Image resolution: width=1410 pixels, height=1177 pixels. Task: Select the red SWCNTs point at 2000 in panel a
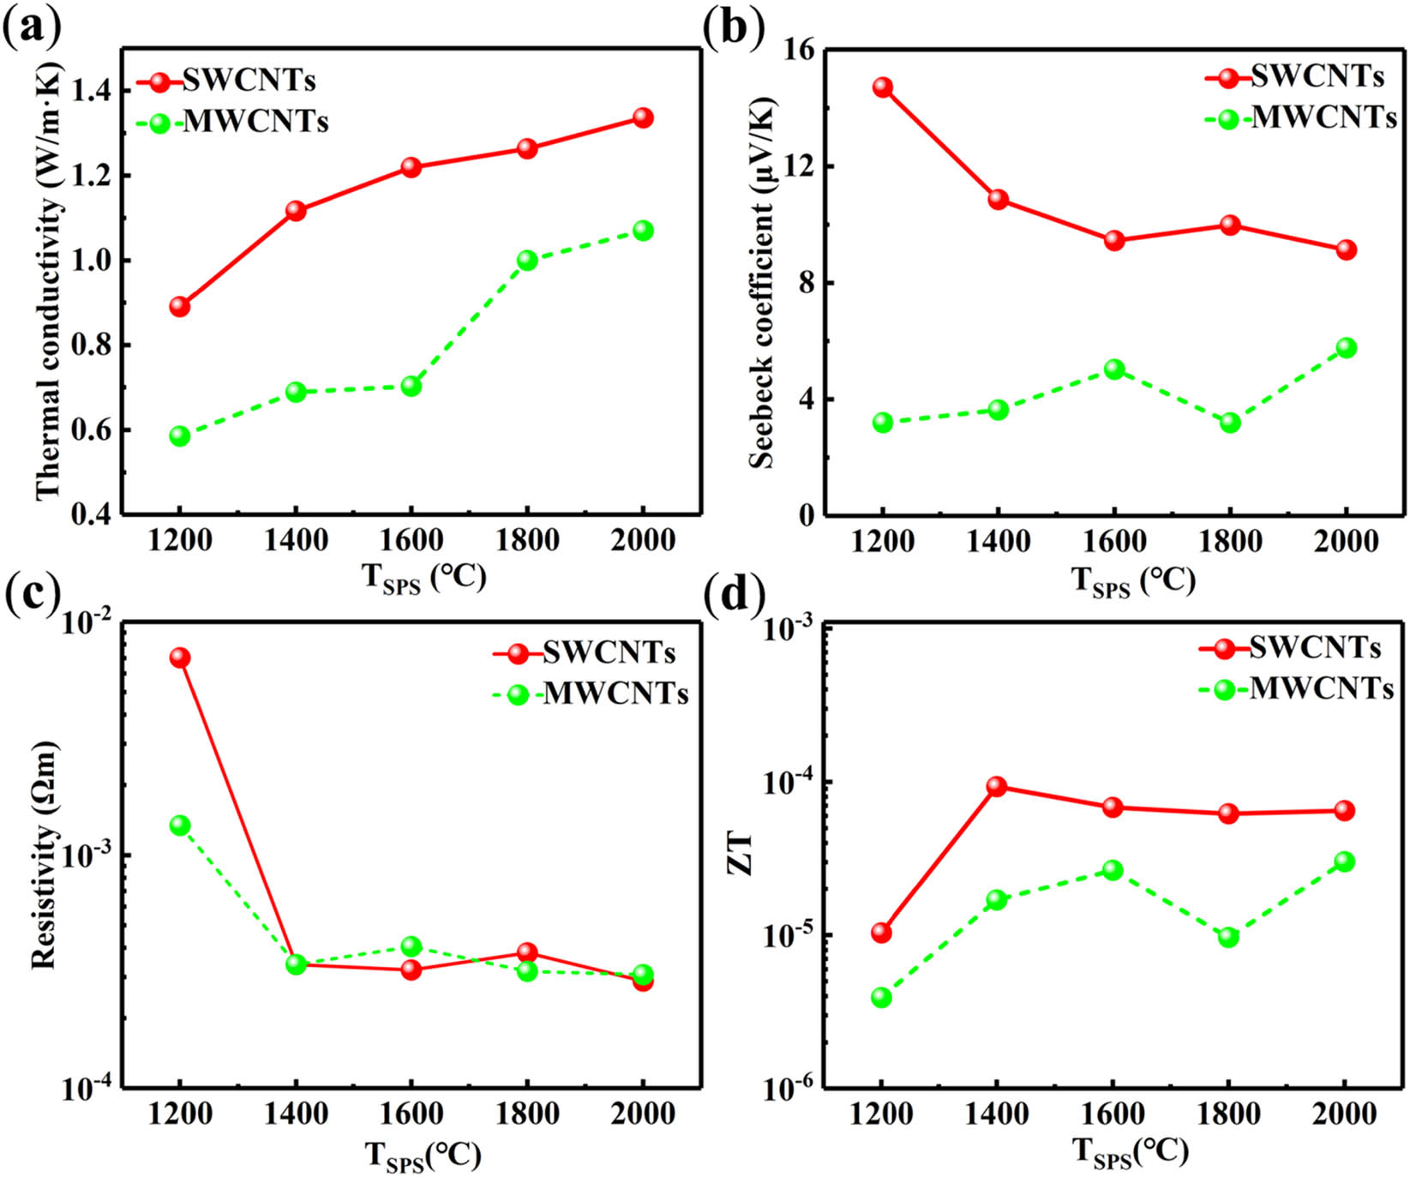click(x=643, y=117)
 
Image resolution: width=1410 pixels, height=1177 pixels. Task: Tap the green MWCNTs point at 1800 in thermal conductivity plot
click(x=527, y=260)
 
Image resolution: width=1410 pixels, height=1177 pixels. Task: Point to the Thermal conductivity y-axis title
click(x=50, y=283)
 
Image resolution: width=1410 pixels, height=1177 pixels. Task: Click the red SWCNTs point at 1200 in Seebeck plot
click(x=883, y=87)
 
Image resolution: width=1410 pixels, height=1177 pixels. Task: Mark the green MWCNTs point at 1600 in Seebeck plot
click(x=1114, y=369)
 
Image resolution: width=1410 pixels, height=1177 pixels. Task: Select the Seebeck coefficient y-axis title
click(x=761, y=283)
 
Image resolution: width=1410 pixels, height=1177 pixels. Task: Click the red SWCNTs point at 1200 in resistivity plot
click(x=180, y=658)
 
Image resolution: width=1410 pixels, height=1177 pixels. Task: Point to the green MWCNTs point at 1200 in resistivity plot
click(x=180, y=826)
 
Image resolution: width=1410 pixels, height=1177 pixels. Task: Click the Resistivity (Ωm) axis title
click(x=44, y=854)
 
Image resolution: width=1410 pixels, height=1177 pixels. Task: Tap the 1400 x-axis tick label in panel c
click(x=295, y=1114)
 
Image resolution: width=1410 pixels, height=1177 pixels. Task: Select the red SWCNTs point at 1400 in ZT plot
click(x=997, y=786)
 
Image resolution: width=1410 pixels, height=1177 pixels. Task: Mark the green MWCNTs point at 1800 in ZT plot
click(x=1228, y=937)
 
